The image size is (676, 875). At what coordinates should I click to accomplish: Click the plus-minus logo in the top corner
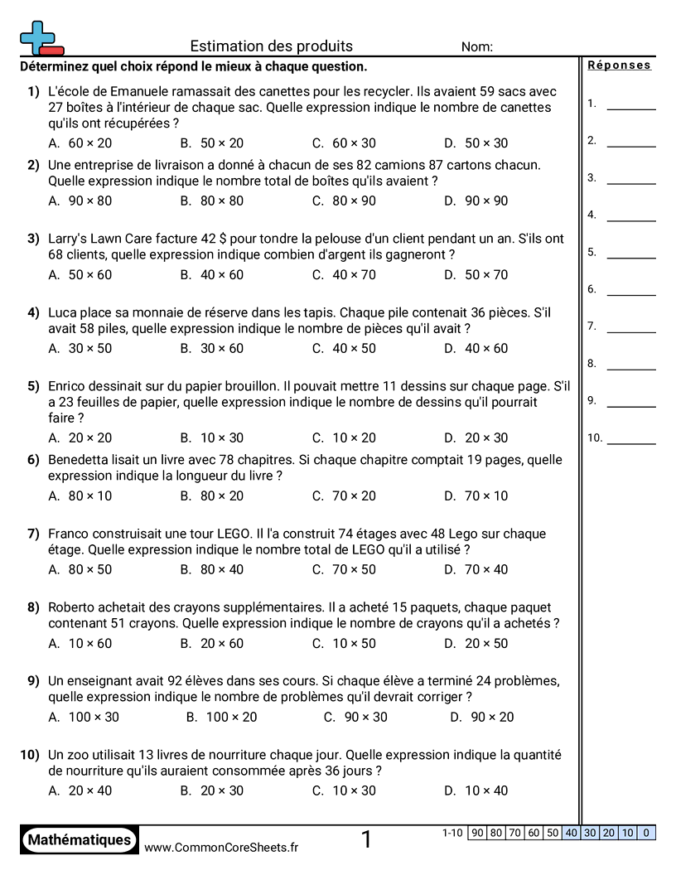point(41,38)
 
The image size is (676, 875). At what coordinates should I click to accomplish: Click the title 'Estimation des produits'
point(271,46)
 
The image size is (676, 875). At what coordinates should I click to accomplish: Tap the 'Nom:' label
point(477,47)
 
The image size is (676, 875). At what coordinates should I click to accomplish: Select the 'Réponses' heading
point(619,65)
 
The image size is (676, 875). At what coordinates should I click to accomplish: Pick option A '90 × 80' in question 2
point(80,201)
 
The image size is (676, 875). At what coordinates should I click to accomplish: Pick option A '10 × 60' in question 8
point(80,644)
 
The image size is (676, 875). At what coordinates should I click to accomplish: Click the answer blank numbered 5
point(630,257)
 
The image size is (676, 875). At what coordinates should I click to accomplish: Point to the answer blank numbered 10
point(630,442)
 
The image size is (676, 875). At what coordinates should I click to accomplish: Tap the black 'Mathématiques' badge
point(80,840)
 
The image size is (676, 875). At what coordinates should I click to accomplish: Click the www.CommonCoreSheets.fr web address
point(221,847)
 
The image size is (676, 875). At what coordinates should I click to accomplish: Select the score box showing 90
point(477,833)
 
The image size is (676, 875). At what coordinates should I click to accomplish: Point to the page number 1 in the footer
point(366,840)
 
